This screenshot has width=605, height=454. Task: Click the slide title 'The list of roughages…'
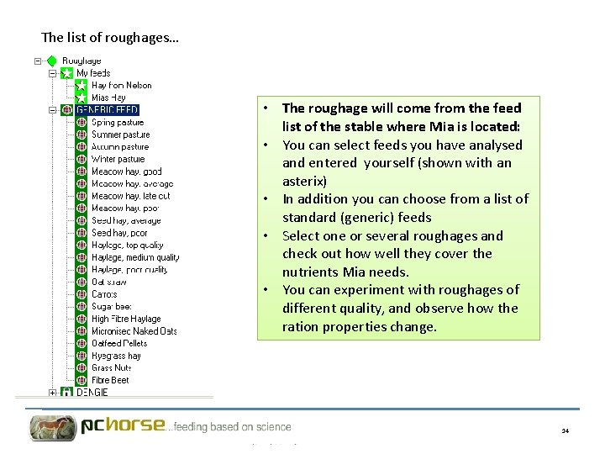coord(109,38)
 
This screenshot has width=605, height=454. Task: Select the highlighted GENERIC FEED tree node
coord(107,109)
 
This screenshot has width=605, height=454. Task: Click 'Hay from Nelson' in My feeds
coord(121,85)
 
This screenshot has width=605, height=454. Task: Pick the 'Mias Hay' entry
coord(108,98)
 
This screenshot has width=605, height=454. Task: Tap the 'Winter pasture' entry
coord(118,159)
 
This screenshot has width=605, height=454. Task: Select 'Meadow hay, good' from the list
coord(126,172)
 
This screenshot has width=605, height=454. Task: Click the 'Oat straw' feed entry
coord(109,282)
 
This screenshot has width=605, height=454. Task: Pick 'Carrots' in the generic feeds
coord(104,294)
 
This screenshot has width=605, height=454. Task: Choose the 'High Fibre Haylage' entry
coord(126,319)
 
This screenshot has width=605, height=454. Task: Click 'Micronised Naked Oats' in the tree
coord(134,331)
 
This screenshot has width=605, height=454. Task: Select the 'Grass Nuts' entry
coord(112,367)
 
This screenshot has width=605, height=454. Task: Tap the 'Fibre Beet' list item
coord(111,380)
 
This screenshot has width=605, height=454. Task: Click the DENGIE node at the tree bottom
coord(92,392)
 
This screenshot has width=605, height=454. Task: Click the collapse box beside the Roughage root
coord(38,61)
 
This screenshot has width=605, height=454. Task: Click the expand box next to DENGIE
coord(52,392)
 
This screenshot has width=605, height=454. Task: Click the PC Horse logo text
coord(123,425)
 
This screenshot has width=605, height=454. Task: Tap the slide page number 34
coord(566,430)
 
